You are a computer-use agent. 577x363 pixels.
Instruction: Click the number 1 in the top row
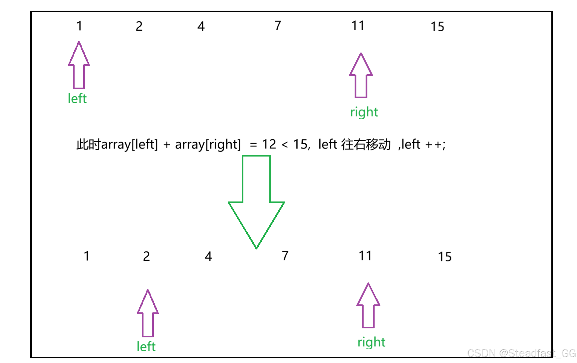point(79,26)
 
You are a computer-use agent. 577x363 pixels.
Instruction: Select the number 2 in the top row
point(139,26)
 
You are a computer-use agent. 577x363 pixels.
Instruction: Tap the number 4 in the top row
point(201,26)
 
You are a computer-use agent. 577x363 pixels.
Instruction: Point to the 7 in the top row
point(278,26)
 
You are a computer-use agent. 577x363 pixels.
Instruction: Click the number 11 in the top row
point(358,26)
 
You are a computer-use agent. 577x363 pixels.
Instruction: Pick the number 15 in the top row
point(437,27)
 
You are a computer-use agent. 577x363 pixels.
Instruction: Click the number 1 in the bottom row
point(87,256)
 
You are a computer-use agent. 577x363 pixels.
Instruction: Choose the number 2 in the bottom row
point(146,256)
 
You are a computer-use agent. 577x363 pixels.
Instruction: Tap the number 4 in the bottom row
point(208,256)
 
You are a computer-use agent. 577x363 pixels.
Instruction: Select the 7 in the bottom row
point(285,256)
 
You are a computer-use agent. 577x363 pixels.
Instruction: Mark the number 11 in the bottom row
point(365,256)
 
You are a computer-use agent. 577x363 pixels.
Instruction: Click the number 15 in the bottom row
point(445,257)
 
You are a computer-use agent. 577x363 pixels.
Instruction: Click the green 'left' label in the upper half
point(77,99)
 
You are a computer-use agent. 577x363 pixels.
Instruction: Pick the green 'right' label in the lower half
point(371,342)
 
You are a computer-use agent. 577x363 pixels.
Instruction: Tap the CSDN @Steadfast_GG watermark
point(521,353)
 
